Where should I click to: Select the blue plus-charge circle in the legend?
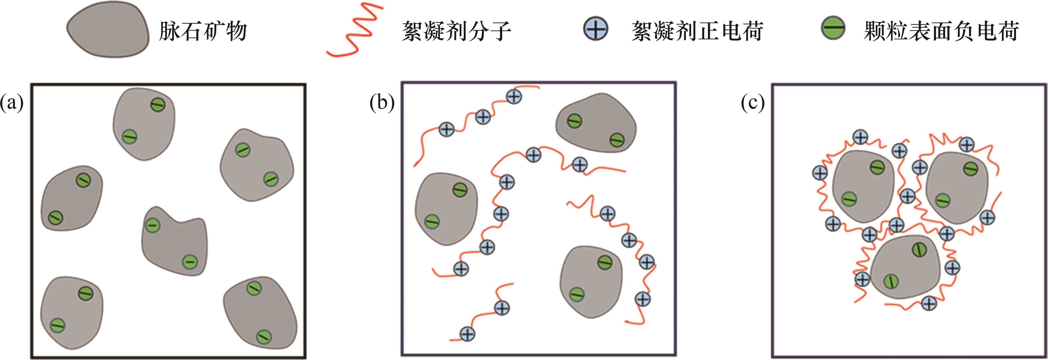click(596, 29)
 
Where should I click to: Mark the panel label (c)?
click(753, 103)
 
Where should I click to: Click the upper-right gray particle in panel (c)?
click(956, 187)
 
